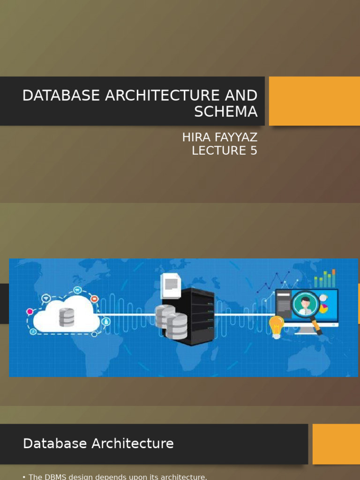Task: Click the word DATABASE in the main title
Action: click(61, 96)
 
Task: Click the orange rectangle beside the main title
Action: click(314, 101)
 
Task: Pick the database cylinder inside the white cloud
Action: click(67, 317)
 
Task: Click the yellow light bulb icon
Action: click(276, 326)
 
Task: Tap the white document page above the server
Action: click(171, 285)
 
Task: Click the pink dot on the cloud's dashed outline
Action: click(30, 311)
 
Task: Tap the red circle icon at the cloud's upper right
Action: click(94, 299)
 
